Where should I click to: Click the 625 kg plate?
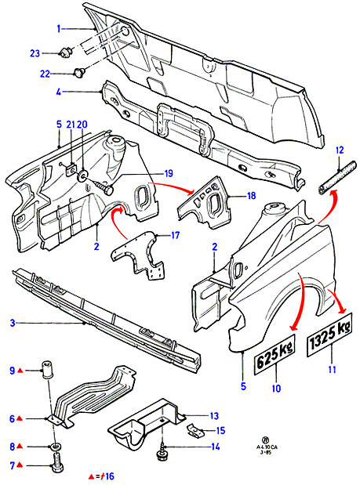[x=275, y=353]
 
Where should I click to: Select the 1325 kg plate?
[x=329, y=335]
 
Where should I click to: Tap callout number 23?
[x=35, y=53]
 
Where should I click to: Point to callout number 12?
[x=340, y=150]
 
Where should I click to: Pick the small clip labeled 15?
[x=195, y=430]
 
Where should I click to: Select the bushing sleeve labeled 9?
[x=47, y=369]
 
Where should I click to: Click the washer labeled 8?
[x=56, y=447]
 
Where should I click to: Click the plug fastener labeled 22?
[x=78, y=74]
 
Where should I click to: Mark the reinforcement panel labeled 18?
[x=204, y=203]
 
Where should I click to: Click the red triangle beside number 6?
[x=19, y=418]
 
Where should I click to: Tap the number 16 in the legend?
[x=109, y=476]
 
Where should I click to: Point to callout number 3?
[x=13, y=324]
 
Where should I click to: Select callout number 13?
[x=214, y=416]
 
